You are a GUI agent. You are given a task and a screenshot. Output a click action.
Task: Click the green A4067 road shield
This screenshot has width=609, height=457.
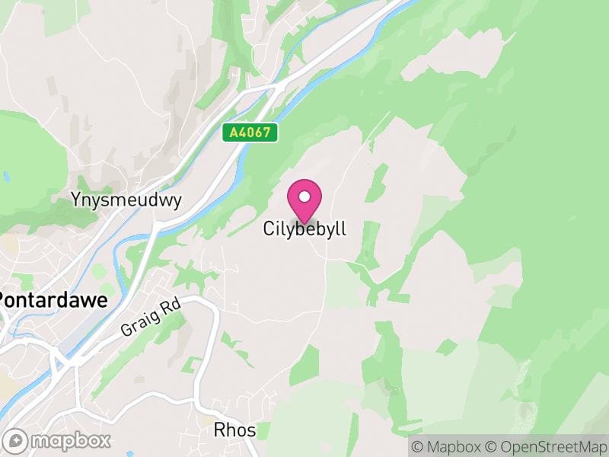(250, 133)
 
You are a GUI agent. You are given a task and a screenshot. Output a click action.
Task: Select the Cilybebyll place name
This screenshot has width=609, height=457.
(304, 228)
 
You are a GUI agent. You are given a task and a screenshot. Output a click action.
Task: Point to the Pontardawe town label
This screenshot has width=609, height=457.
(52, 300)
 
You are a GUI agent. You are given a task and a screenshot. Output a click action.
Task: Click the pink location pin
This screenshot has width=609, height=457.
(304, 200)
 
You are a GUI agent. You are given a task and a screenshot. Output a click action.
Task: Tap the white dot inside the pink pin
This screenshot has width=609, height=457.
(304, 197)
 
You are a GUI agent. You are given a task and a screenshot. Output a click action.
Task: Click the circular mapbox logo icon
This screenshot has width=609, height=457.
(15, 440)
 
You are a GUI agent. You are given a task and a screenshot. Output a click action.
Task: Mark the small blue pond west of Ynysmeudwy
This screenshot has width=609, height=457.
(6, 177)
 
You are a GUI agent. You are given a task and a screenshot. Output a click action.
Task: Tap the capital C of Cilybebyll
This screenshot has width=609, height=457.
(269, 228)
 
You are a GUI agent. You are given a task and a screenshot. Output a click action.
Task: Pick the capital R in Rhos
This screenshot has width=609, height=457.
(219, 431)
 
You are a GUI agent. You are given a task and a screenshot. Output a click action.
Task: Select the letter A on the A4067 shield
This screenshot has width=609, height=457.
(233, 133)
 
